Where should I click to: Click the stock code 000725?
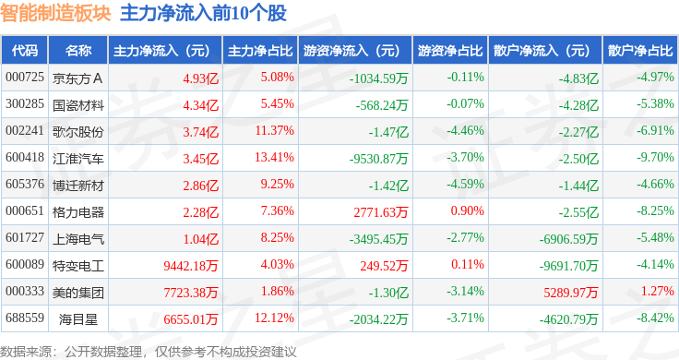pyautogui.click(x=25, y=78)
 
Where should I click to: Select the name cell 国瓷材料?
pyautogui.click(x=77, y=105)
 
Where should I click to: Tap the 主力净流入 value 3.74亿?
pyautogui.click(x=200, y=132)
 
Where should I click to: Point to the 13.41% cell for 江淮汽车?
pyautogui.click(x=274, y=157)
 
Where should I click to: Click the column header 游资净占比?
pyautogui.click(x=450, y=51)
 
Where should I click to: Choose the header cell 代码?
pyautogui.click(x=25, y=51)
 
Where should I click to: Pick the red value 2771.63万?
pyautogui.click(x=381, y=212)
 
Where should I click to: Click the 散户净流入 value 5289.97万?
pyautogui.click(x=571, y=293)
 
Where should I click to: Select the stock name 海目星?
pyautogui.click(x=77, y=319)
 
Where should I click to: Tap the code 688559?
pyautogui.click(x=25, y=318)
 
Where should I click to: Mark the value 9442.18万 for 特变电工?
pyautogui.click(x=191, y=266)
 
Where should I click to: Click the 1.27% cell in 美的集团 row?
pyautogui.click(x=658, y=291)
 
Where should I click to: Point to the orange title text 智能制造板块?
pyautogui.click(x=55, y=13)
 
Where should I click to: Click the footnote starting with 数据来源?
pyautogui.click(x=149, y=352)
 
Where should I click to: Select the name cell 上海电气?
pyautogui.click(x=77, y=239)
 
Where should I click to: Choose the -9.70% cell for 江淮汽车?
pyautogui.click(x=655, y=157)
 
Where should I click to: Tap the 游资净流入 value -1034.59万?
pyautogui.click(x=379, y=78)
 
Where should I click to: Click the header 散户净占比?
pyautogui.click(x=640, y=51)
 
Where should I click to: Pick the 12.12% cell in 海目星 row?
pyautogui.click(x=274, y=318)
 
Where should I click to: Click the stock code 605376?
pyautogui.click(x=25, y=184)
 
